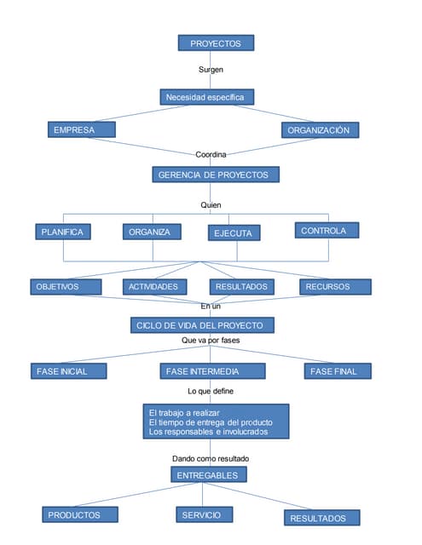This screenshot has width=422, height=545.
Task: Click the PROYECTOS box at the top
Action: coord(215,43)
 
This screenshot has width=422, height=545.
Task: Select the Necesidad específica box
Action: coord(206,97)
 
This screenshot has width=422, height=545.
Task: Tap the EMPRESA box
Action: coord(82,130)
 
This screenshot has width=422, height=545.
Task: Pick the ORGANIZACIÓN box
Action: coord(320,130)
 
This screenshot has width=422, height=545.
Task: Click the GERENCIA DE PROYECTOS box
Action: coord(215,175)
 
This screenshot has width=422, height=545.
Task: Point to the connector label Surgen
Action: coord(211,70)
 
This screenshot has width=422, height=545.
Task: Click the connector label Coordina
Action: coord(211,154)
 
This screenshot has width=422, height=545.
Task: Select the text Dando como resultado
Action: coord(211,458)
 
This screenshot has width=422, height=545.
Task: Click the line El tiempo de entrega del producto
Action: coord(210,422)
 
